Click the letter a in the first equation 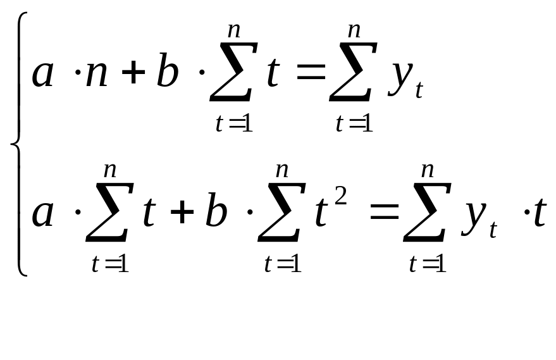43,75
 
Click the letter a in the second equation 43,214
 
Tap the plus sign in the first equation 133,75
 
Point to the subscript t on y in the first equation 419,92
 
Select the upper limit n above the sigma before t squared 282,170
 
